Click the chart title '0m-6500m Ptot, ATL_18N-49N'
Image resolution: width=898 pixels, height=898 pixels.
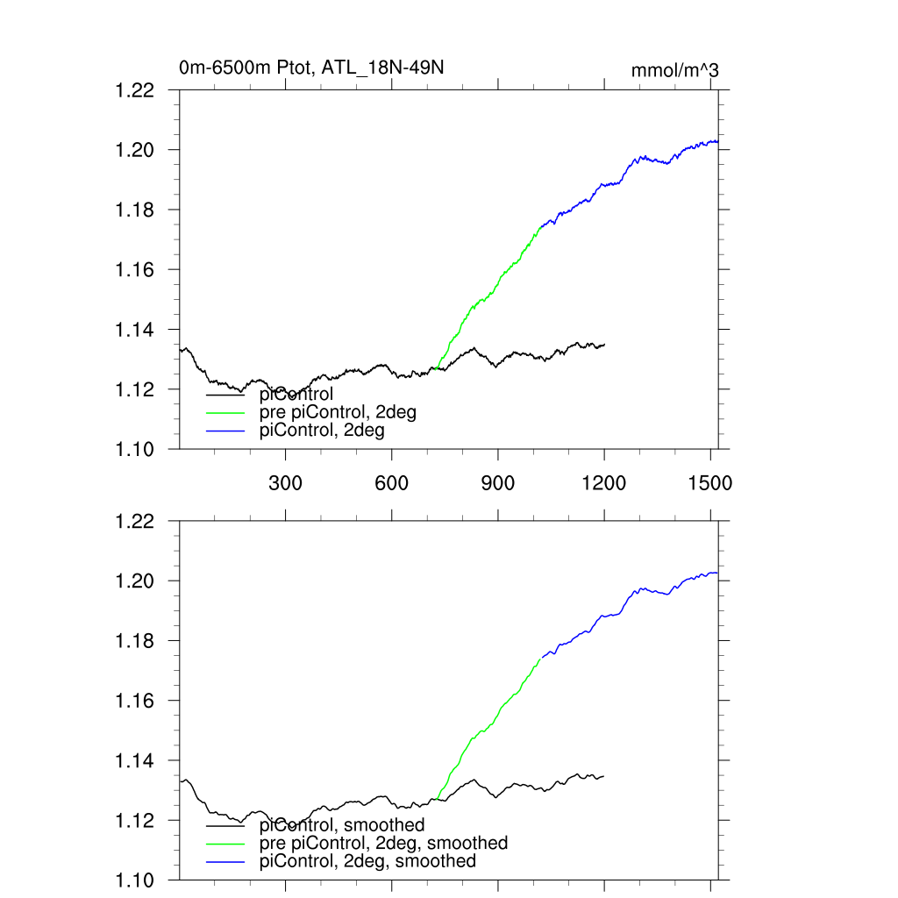click(x=317, y=68)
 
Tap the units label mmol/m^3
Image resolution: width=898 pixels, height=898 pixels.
click(x=674, y=70)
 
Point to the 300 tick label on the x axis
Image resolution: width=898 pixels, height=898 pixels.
click(x=285, y=482)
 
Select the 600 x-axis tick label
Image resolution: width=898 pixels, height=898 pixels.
click(x=391, y=482)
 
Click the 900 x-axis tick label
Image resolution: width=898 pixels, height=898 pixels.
click(x=498, y=482)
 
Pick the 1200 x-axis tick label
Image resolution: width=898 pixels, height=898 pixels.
click(x=604, y=482)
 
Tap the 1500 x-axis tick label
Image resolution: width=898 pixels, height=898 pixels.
click(x=710, y=482)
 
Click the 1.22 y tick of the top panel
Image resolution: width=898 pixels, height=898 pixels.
click(x=135, y=90)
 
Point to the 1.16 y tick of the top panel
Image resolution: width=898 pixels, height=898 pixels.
click(x=135, y=270)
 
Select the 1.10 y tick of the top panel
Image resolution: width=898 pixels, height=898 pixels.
click(x=135, y=449)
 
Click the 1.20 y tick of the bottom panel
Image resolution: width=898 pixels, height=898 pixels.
click(x=135, y=581)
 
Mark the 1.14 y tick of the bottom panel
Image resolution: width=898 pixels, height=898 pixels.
click(x=135, y=760)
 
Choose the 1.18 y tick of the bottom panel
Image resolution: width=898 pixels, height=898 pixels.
click(x=135, y=641)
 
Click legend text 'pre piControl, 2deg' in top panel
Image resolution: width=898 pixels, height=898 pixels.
click(x=338, y=412)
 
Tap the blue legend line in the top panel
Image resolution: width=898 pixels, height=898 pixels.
click(x=225, y=431)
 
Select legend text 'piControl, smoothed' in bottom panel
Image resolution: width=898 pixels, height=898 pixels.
click(x=342, y=825)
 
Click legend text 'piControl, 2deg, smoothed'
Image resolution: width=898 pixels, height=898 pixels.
click(x=368, y=861)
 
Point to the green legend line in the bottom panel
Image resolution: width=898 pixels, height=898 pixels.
click(x=225, y=844)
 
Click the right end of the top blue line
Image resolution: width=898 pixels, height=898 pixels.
click(x=718, y=141)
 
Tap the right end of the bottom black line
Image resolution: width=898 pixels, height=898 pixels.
click(x=604, y=776)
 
